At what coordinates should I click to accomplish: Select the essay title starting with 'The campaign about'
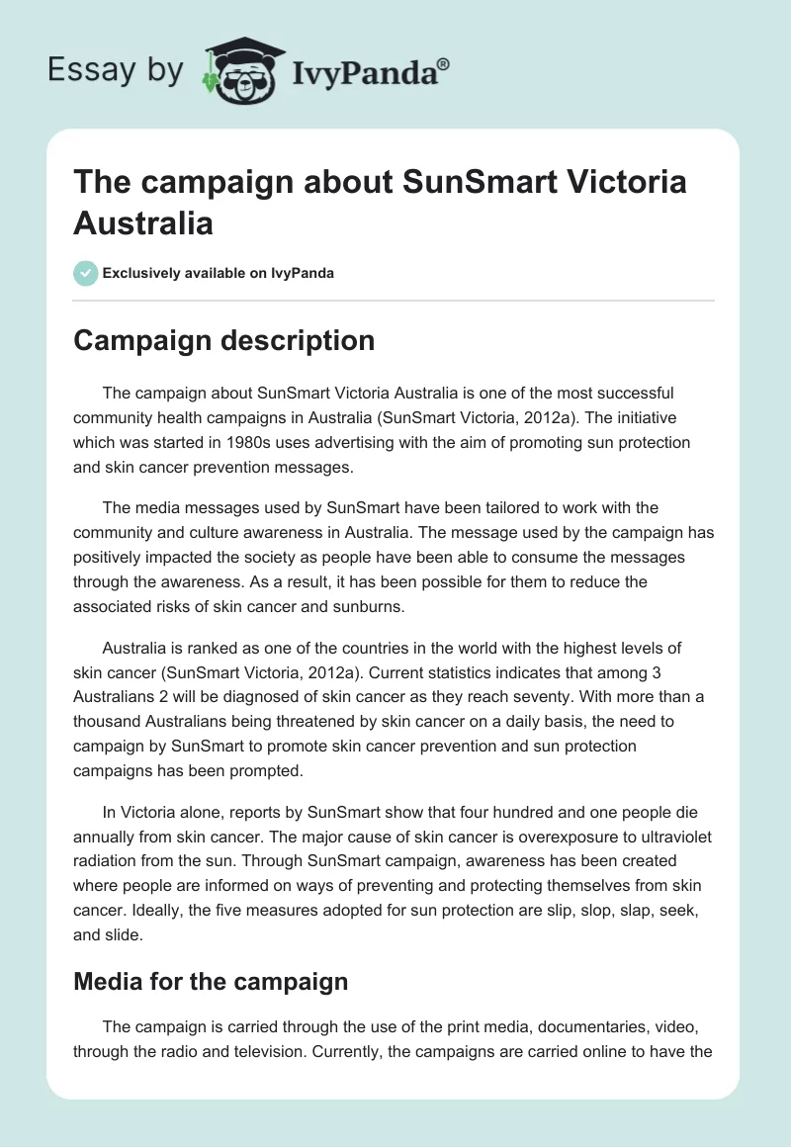tap(380, 202)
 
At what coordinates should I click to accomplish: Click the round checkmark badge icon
tap(86, 273)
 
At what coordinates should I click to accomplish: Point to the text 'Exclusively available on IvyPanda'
tap(219, 273)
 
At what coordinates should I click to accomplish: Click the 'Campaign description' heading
tap(223, 340)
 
